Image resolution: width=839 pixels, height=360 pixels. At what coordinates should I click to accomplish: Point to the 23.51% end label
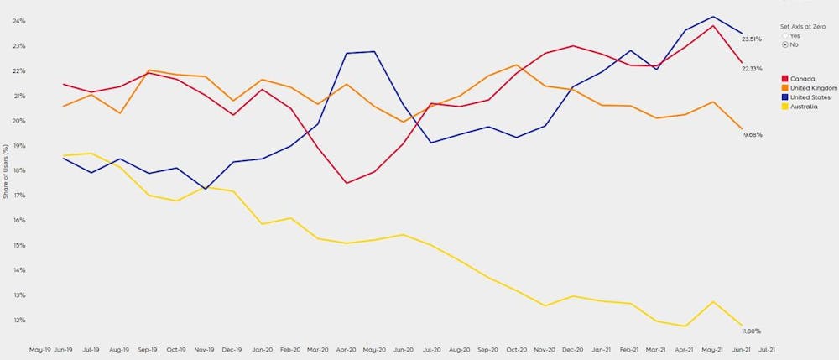point(752,39)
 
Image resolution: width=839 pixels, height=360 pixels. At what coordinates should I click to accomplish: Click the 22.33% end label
point(752,69)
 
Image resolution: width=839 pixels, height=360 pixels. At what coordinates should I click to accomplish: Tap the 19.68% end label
point(752,134)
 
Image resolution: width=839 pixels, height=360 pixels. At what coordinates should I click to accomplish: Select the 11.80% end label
point(752,331)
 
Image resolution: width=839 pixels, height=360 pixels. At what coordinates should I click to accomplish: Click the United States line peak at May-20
point(373,52)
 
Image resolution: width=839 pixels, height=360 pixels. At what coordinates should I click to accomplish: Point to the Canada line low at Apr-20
point(346,183)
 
